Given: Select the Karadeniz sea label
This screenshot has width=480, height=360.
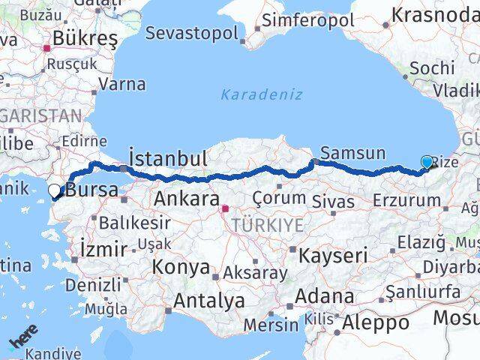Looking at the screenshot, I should pyautogui.click(x=262, y=94).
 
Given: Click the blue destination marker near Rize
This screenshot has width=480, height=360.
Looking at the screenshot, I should pyautogui.click(x=427, y=162).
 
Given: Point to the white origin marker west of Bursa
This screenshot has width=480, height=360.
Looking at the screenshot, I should pyautogui.click(x=55, y=191).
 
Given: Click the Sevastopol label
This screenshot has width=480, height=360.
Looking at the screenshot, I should pyautogui.click(x=191, y=33).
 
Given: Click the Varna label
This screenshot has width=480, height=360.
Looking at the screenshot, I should pyautogui.click(x=122, y=84).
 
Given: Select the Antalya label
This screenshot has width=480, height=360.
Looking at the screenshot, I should pyautogui.click(x=209, y=301).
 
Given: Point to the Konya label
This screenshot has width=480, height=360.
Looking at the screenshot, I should pyautogui.click(x=181, y=267).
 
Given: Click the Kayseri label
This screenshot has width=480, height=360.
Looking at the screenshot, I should pyautogui.click(x=333, y=255).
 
